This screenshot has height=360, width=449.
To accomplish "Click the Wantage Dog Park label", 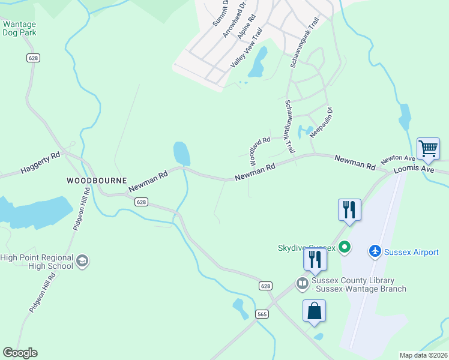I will (x=19, y=28).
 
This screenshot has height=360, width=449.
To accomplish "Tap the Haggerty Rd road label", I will (x=40, y=164).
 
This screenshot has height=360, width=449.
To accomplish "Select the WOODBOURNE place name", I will (x=97, y=180).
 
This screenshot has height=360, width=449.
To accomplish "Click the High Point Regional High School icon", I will (x=82, y=261).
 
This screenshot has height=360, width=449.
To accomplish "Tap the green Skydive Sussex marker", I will (x=345, y=247).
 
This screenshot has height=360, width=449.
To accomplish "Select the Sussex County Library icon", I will (x=302, y=282).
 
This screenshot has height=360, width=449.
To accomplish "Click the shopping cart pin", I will (x=428, y=148).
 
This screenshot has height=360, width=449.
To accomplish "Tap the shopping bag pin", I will (x=315, y=311).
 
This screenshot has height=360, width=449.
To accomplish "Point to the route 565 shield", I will (x=261, y=314).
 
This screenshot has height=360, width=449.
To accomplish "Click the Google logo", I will (x=20, y=353).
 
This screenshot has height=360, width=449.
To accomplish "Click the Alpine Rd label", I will (x=247, y=26).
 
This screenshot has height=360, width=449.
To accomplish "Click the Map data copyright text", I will (x=423, y=355).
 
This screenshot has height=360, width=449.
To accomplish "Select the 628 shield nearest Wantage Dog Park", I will (x=33, y=58).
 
